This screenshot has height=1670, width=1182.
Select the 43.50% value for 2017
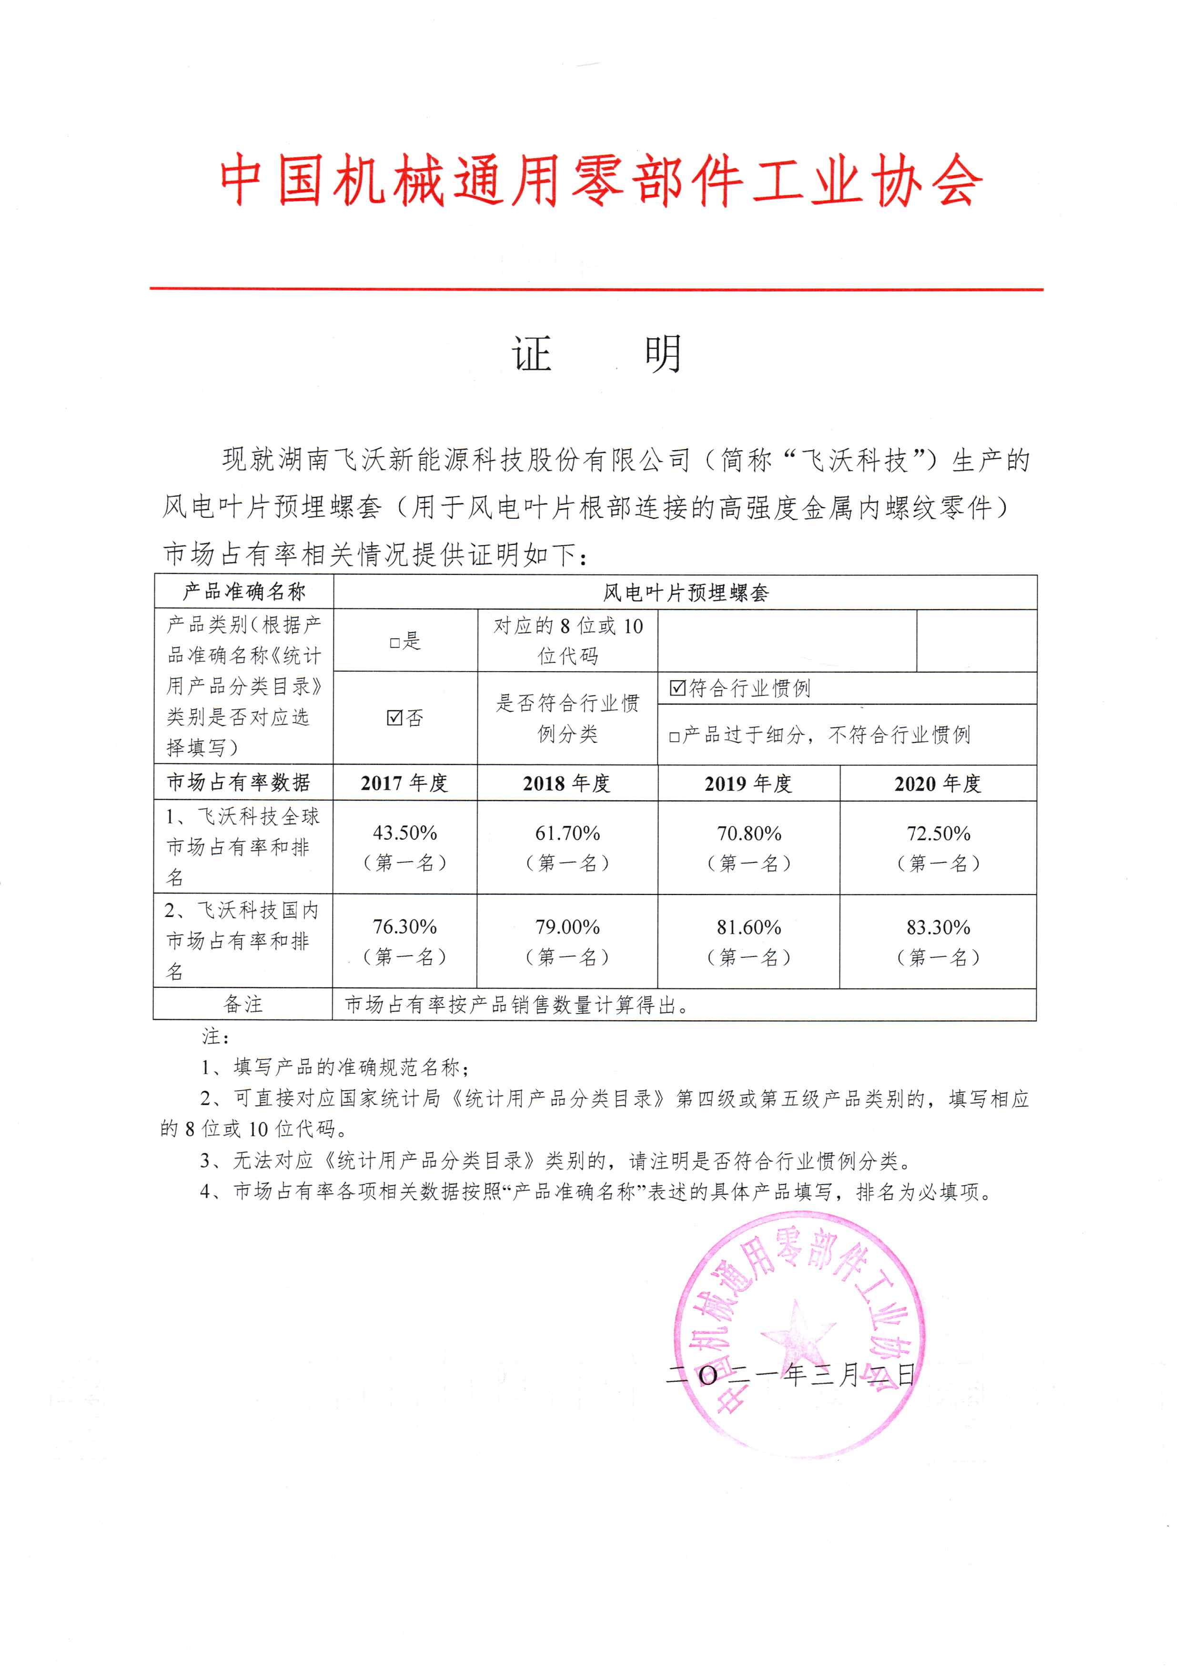[404, 833]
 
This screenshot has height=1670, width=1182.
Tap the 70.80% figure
[749, 833]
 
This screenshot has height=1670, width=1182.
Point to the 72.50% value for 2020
[938, 833]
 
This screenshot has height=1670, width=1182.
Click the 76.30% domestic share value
[404, 926]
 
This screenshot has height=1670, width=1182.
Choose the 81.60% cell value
[749, 927]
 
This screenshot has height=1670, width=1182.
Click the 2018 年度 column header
[566, 783]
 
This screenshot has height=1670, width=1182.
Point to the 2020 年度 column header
[938, 784]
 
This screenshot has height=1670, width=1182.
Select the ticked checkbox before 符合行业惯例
[677, 688]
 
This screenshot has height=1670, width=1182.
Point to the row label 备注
[243, 1004]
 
